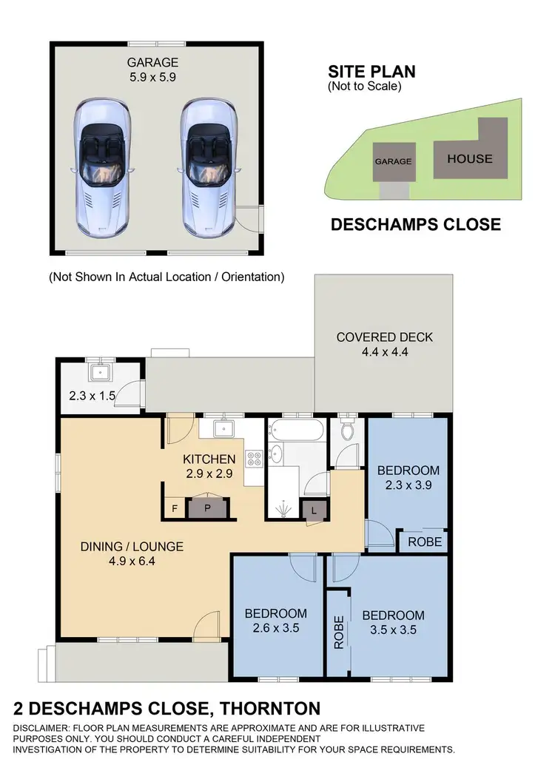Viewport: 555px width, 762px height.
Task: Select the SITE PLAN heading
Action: coord(371,73)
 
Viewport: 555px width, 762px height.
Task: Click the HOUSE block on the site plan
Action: coord(469,158)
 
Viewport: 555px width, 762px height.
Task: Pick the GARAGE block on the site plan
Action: coord(392,161)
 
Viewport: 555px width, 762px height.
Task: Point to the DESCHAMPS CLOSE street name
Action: coord(414,224)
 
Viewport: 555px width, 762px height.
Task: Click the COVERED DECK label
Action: coord(385,345)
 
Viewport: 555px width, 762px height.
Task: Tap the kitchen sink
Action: coord(223,428)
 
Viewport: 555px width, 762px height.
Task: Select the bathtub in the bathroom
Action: coord(294,429)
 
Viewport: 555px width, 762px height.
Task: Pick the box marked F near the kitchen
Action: coord(174,508)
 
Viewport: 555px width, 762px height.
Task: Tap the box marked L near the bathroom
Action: coord(314,509)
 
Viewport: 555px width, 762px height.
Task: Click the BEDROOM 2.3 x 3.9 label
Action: coord(408,477)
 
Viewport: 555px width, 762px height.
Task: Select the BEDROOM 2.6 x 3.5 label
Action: coord(276,620)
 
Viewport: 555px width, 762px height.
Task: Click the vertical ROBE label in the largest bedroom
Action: coord(339,633)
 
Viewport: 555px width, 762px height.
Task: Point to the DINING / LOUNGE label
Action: coord(131,554)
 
